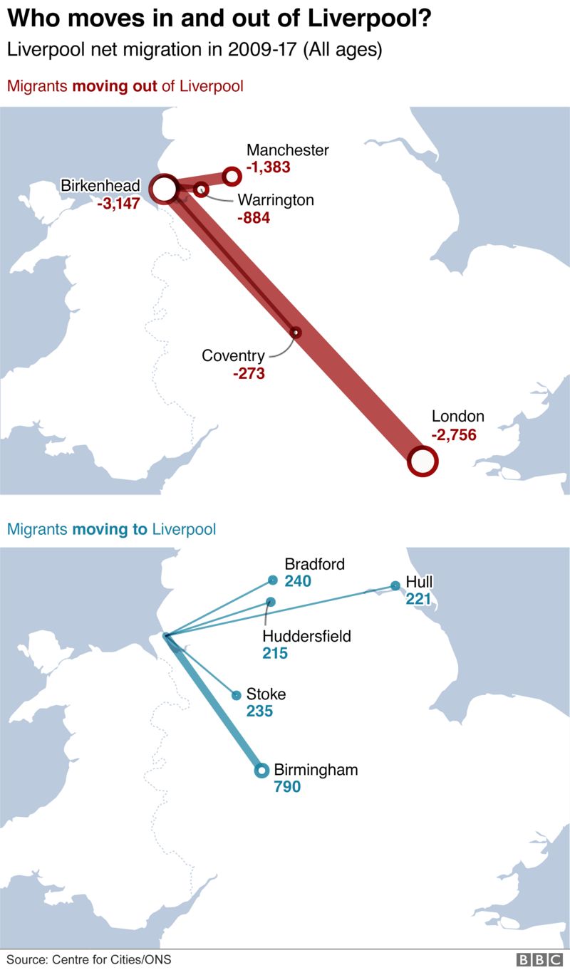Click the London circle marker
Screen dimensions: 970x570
tap(422, 461)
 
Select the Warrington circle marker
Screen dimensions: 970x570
tap(202, 189)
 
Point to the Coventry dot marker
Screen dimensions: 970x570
tap(296, 333)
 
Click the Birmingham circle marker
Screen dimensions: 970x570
tap(261, 770)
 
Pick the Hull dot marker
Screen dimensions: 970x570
tap(395, 586)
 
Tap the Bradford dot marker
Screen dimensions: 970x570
tap(272, 580)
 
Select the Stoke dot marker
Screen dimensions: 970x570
tap(236, 695)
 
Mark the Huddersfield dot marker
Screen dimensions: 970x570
tap(271, 602)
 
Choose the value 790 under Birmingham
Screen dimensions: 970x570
tap(287, 787)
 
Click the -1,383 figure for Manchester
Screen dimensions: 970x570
tap(268, 168)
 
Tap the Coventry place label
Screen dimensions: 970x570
tap(233, 355)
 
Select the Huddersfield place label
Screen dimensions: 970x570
tap(306, 636)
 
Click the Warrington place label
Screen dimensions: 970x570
tap(275, 200)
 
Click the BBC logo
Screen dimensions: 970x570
tap(540, 959)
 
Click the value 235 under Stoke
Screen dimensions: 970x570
tap(259, 711)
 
